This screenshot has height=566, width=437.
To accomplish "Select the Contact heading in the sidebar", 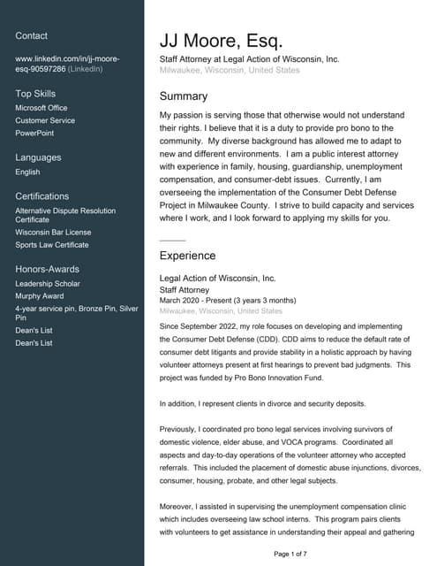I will coord(32,35).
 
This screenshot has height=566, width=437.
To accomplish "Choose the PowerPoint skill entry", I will coord(35,133).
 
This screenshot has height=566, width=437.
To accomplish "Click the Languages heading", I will coord(38,157).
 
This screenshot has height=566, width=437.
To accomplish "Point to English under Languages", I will coord(27,172).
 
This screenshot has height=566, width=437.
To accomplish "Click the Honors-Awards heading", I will coord(47,269).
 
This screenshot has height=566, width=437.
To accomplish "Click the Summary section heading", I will coord(184,96).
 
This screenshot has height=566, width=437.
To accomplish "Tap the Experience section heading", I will coord(187,256).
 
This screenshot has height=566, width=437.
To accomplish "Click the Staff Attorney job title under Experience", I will coord(185,289).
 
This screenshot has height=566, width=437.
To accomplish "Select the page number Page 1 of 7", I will coord(290,554).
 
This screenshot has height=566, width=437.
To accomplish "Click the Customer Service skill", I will coord(45,120).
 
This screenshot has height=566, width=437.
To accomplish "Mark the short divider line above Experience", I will coord(172,241).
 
